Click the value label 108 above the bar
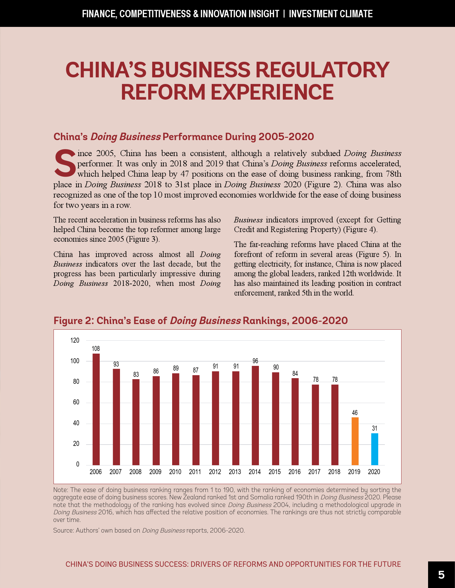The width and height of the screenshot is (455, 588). point(96,349)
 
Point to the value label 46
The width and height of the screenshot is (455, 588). point(355,413)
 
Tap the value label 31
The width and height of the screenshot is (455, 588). point(375,428)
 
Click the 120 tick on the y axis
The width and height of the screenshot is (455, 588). point(75,340)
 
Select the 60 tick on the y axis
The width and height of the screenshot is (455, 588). point(76,402)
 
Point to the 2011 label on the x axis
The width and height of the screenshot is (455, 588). point(195,472)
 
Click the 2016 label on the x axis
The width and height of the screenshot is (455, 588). point(294,472)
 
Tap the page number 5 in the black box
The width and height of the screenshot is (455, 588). point(441,575)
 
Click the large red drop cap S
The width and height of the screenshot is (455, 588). point(65,163)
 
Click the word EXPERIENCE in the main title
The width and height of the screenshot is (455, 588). point(272,92)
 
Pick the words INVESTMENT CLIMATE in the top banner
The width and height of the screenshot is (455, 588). point(331,14)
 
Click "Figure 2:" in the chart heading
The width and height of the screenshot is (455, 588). point(73,321)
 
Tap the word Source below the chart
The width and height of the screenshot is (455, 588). point(63,530)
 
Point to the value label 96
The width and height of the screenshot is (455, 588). point(255,361)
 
